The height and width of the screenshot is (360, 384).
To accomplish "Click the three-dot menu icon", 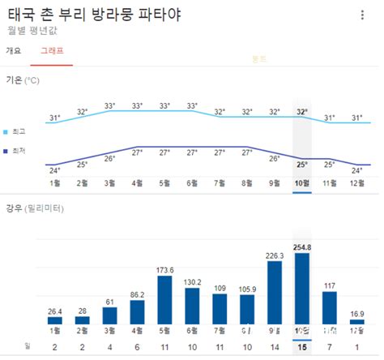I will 362,15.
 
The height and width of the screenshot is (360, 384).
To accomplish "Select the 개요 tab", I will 13,50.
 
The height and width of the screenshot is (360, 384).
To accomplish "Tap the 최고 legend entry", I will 17,131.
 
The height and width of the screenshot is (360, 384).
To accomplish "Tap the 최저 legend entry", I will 17,151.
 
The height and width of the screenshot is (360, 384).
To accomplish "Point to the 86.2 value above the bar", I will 137,295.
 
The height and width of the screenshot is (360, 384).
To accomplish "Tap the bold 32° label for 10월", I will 302,112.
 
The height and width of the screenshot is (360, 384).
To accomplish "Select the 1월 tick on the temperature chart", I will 54,183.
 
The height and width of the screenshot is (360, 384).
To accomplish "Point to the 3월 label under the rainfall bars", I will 109,332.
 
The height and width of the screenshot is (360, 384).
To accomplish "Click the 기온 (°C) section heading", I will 22,80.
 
